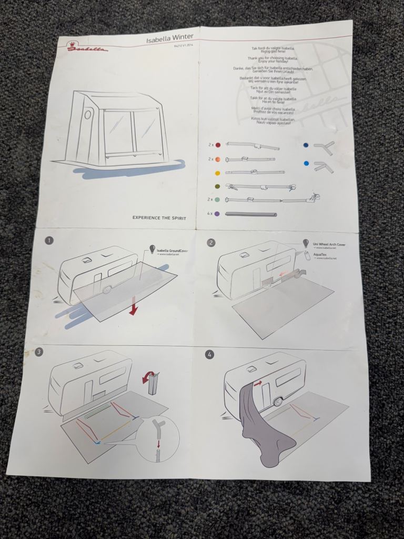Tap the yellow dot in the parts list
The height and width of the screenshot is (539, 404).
coord(217,172)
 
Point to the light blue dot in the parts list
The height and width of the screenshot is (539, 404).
coord(306,164)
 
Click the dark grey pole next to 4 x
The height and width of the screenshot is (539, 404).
coord(251,215)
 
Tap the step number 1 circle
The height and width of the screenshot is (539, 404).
coord(49,241)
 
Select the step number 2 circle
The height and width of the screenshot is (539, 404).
coord(211,243)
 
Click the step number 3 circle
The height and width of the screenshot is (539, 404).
coord(39,352)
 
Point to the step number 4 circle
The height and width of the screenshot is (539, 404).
coord(210,354)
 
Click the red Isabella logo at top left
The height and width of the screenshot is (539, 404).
coord(87,48)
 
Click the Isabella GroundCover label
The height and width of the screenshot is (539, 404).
coord(172,251)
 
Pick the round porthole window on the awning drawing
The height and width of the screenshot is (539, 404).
coord(88,114)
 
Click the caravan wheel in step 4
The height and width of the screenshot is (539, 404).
coord(278,403)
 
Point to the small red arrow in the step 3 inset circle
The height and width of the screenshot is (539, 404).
coord(158,444)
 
